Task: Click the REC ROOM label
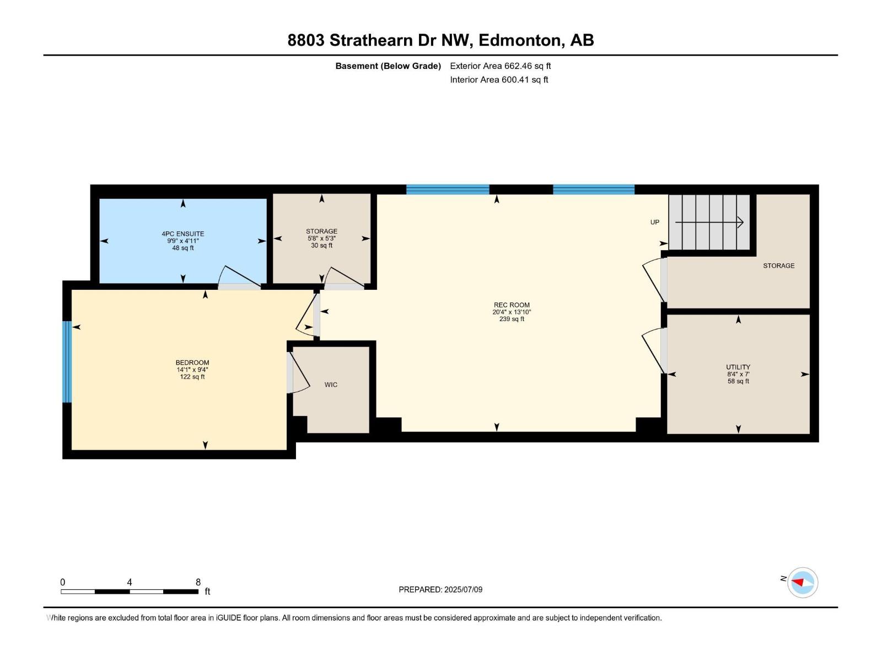pyautogui.click(x=512, y=305)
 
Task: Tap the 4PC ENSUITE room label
pyautogui.click(x=183, y=234)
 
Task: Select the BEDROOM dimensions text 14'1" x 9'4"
pyautogui.click(x=192, y=370)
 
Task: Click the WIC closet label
pyautogui.click(x=331, y=384)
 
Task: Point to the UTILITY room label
pyautogui.click(x=738, y=367)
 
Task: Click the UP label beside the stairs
pyautogui.click(x=655, y=222)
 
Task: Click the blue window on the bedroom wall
pyautogui.click(x=67, y=362)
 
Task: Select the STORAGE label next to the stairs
pyautogui.click(x=778, y=266)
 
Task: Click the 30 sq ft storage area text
pyautogui.click(x=321, y=246)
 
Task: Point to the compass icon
pyautogui.click(x=802, y=582)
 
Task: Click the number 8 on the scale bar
pyautogui.click(x=198, y=582)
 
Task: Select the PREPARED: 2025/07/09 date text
pyautogui.click(x=440, y=589)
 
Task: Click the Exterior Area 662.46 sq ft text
pyautogui.click(x=500, y=66)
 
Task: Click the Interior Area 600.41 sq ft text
pyautogui.click(x=499, y=79)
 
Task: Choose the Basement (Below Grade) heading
pyautogui.click(x=388, y=66)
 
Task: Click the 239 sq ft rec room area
pyautogui.click(x=512, y=319)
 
